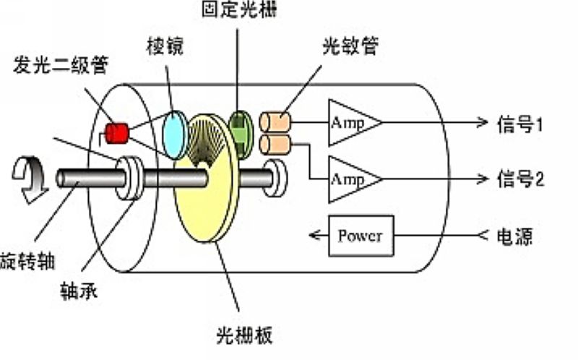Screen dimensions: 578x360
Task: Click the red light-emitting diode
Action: (x=117, y=133)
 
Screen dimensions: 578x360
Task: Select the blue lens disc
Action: (x=175, y=134)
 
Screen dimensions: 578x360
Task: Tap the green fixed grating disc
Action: (x=241, y=134)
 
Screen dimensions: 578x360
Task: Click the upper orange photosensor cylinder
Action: (x=275, y=122)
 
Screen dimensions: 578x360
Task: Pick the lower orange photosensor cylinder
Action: (x=275, y=145)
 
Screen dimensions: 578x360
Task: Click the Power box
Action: (x=361, y=236)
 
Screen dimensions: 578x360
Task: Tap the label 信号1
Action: (x=519, y=124)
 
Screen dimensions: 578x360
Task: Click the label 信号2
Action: (x=520, y=179)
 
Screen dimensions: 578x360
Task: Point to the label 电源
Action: (x=514, y=236)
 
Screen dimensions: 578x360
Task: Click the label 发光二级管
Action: (x=61, y=65)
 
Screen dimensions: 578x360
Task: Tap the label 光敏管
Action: (x=350, y=46)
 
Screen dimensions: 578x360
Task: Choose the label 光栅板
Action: (x=244, y=335)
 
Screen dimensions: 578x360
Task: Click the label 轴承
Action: (x=79, y=291)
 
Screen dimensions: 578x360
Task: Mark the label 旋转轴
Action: (x=27, y=261)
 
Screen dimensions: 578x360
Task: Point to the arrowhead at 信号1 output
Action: (x=483, y=122)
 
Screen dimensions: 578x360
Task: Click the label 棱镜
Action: (x=165, y=46)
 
